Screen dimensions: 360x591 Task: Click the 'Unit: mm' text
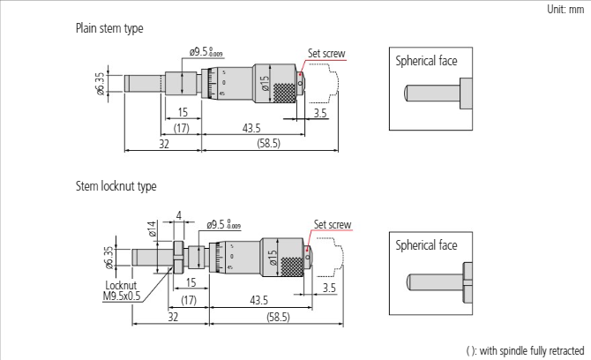[565, 10]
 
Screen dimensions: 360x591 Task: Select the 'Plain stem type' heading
[109, 29]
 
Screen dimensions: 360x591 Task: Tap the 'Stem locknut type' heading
[116, 186]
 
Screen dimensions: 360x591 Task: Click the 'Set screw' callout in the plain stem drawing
[326, 53]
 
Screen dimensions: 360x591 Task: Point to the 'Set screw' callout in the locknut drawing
[333, 225]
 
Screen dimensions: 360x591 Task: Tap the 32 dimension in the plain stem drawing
[163, 143]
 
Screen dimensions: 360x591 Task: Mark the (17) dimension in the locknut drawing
[189, 300]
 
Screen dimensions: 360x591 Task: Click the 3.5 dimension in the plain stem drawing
[319, 114]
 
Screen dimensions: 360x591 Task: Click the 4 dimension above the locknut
[178, 214]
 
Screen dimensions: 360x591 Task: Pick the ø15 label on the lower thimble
[272, 258]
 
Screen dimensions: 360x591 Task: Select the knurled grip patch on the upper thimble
[285, 94]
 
